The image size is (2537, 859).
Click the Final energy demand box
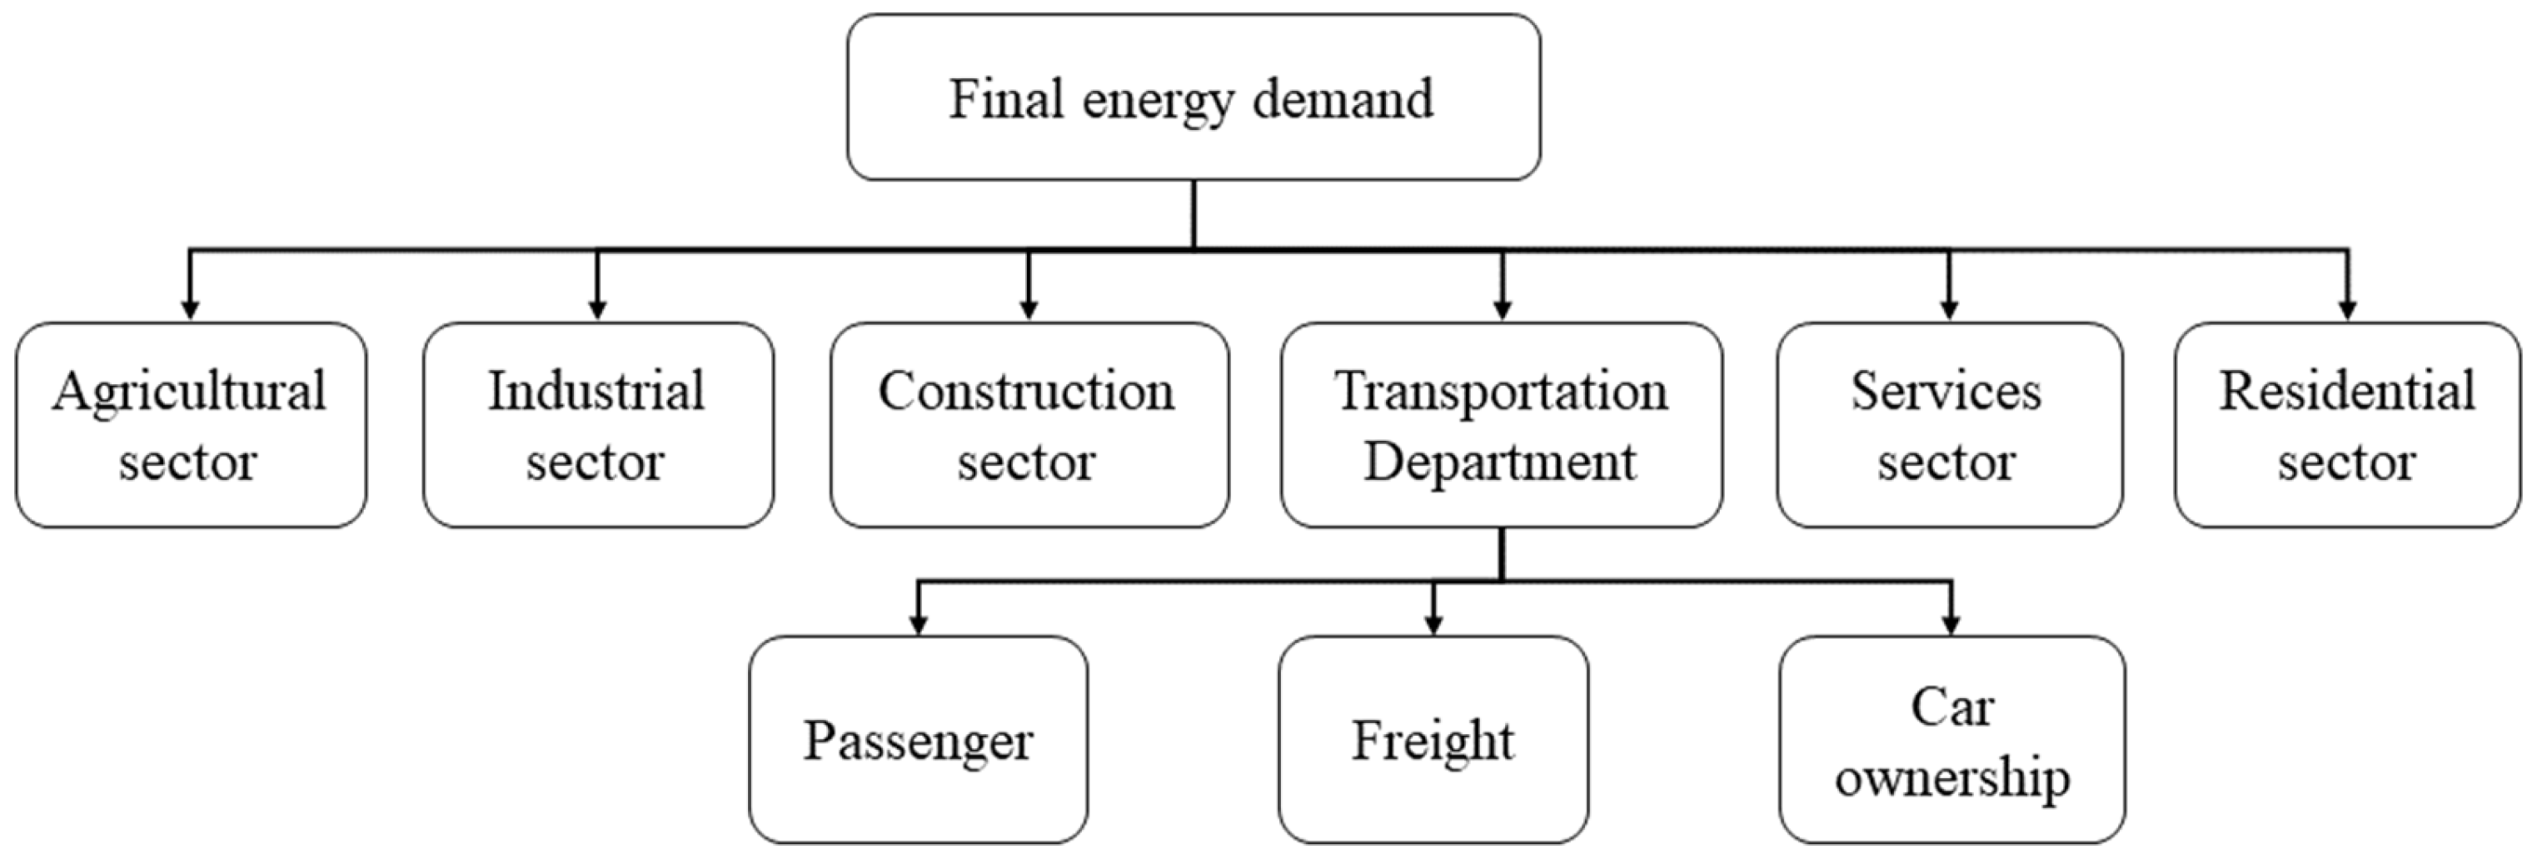(1194, 97)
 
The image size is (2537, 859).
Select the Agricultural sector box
(191, 425)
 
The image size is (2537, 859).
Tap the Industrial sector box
(598, 425)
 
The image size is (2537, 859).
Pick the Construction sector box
(1029, 425)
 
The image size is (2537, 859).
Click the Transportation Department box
(1501, 425)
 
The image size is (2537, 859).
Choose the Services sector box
(1949, 425)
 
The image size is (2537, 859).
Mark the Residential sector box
(2347, 425)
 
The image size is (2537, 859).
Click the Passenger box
(918, 740)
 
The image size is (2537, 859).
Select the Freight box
(1433, 740)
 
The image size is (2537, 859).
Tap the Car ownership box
(1952, 740)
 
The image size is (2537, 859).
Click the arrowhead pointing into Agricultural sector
(190, 309)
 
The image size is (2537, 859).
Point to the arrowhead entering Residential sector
(2347, 309)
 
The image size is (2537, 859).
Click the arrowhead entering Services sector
(1948, 309)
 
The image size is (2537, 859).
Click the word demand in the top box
(1343, 99)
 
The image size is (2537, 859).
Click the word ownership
(1952, 778)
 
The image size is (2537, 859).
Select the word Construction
(1026, 391)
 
